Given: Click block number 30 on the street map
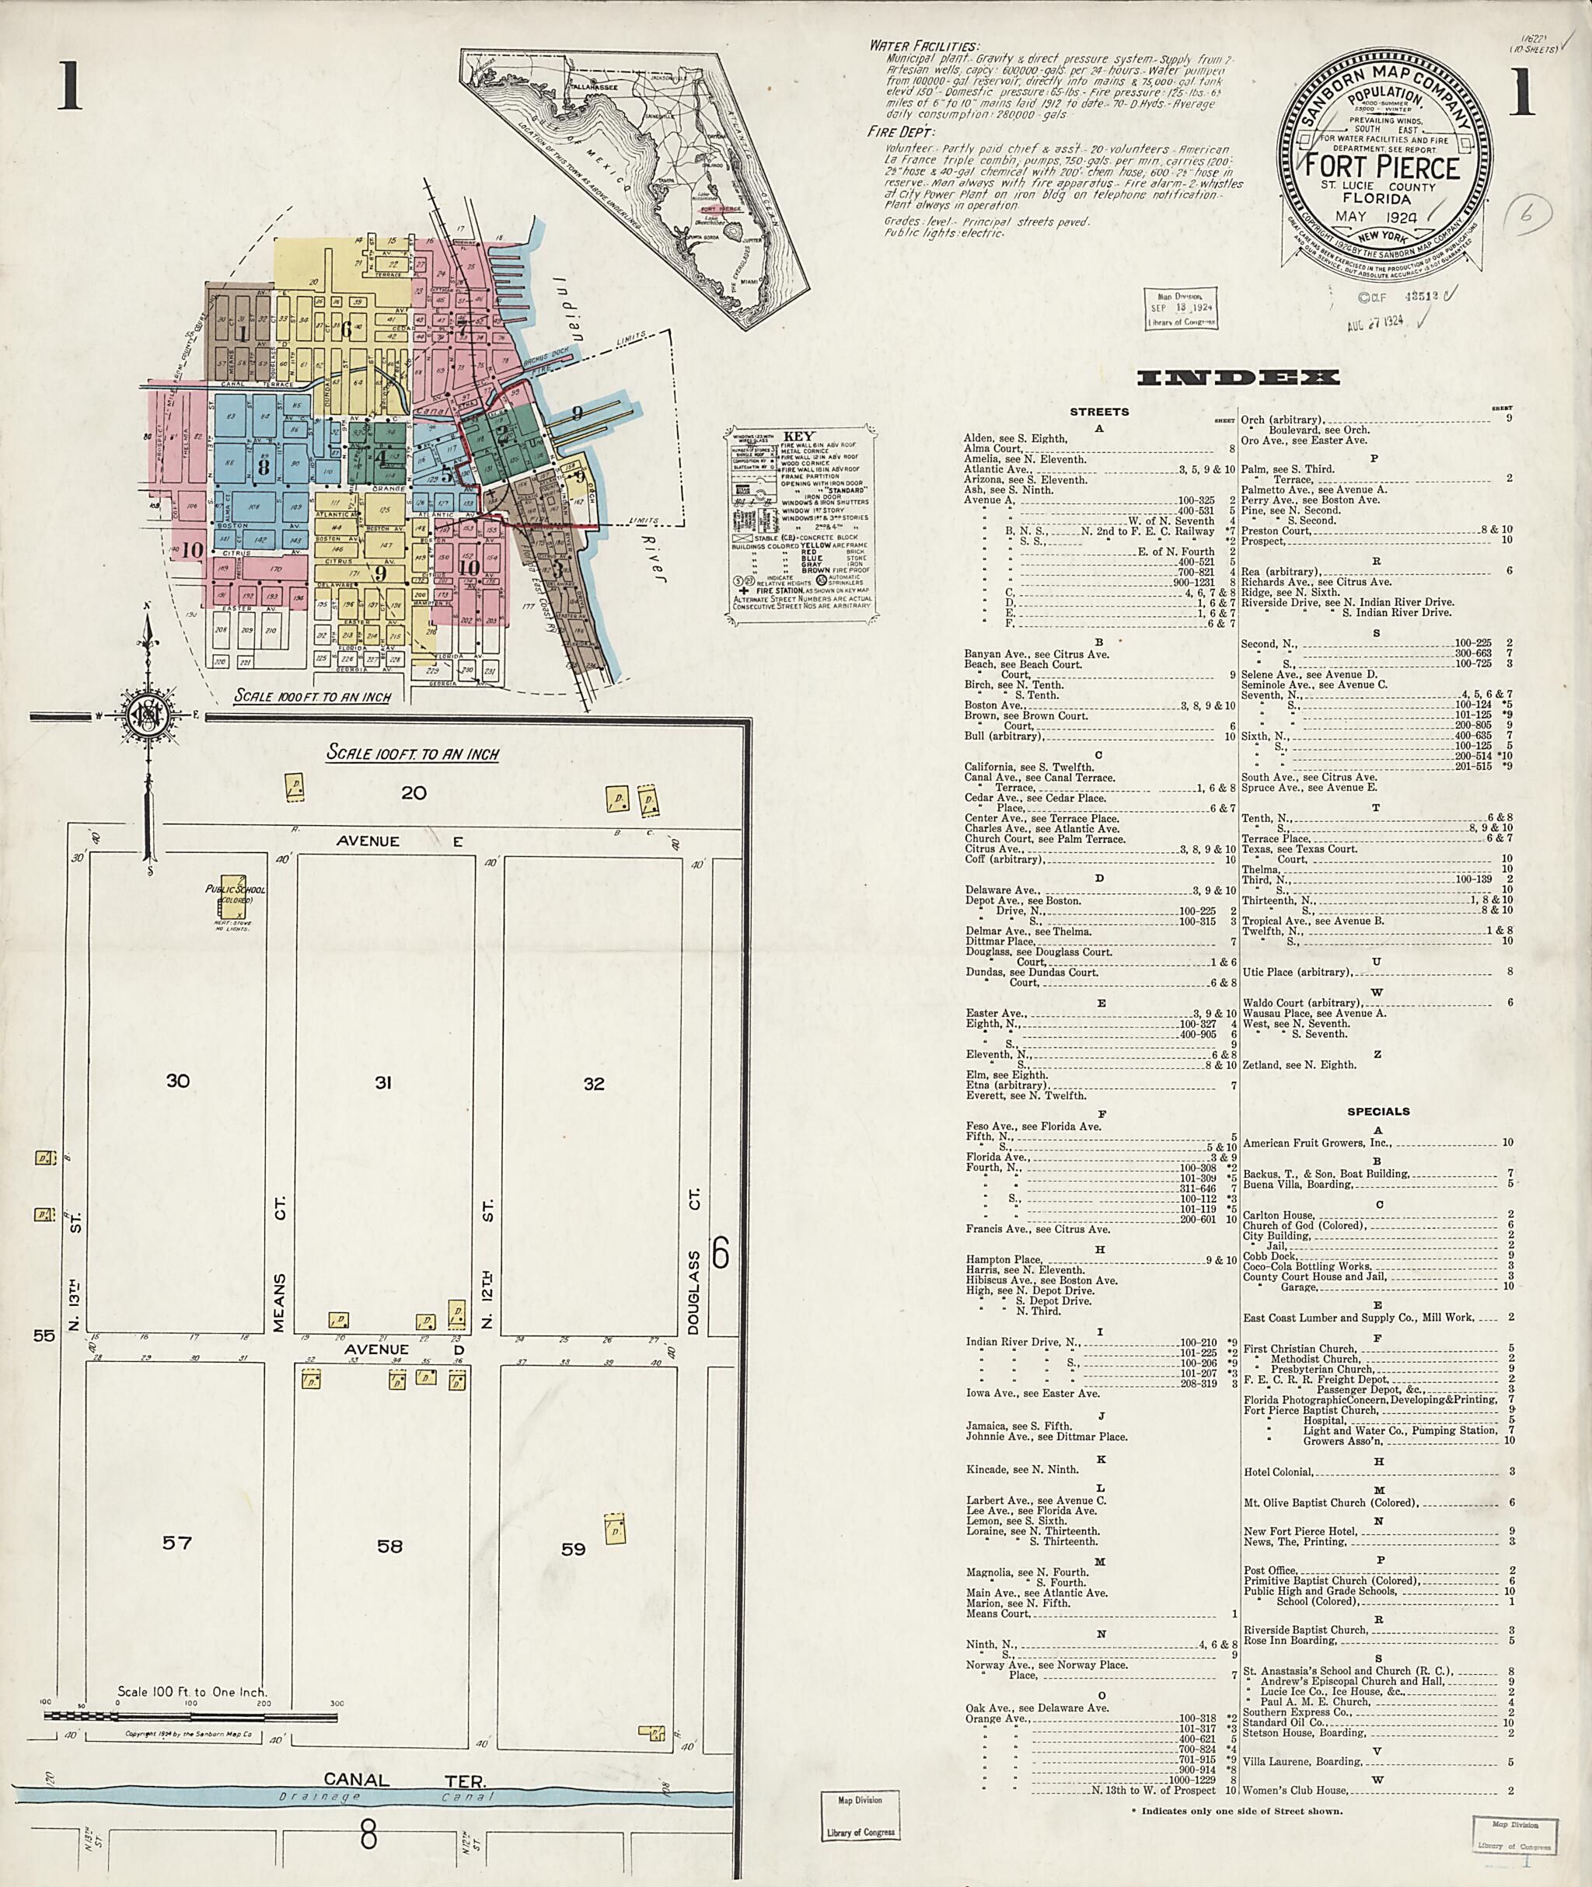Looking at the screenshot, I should pos(178,1080).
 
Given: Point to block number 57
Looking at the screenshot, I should pos(177,1542).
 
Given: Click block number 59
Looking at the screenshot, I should pos(573,1549).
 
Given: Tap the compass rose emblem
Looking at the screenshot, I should pos(145,715).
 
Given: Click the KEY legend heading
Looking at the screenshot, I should pos(798,436).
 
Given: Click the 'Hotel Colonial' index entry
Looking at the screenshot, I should pos(1277,1472).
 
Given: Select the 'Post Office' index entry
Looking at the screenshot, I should pos(1268,1570).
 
